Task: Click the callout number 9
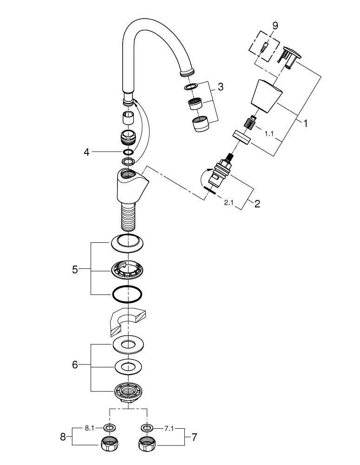pos(275,26)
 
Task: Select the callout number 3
pos(220,86)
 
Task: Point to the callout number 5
pos(75,269)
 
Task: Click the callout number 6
pos(75,365)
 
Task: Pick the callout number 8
pos(64,437)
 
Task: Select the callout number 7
pos(195,437)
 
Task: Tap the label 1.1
pos(268,133)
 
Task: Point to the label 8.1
pos(91,427)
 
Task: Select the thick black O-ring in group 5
pos(126,293)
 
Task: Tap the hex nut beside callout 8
pos(110,445)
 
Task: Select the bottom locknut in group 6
pos(128,391)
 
